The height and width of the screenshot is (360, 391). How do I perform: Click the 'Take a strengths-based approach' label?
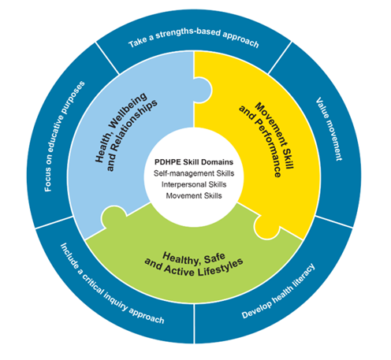[x=193, y=40]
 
